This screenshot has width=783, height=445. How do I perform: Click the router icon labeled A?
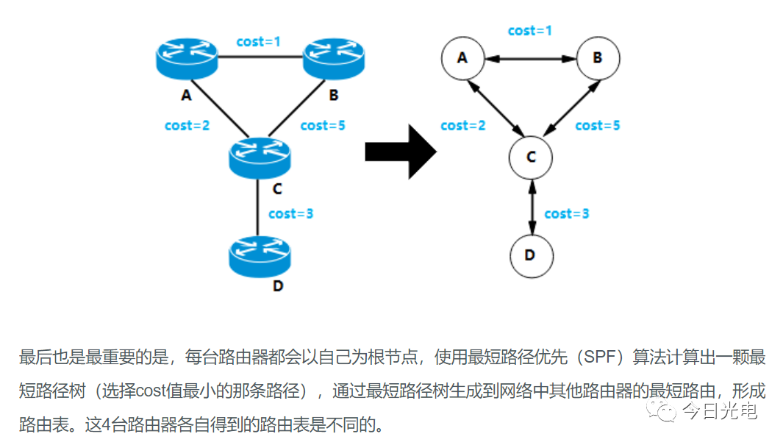pos(187,58)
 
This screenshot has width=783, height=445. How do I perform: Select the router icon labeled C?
pos(260,156)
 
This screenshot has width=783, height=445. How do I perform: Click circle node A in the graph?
pos(462,57)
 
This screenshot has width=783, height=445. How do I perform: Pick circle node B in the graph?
pos(598,57)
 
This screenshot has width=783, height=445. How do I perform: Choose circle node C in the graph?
pos(531,157)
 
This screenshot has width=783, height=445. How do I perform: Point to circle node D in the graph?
pos(531,255)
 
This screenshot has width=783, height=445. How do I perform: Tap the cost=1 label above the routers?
pos(259,42)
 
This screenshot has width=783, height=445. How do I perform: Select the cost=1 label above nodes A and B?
pos(530,31)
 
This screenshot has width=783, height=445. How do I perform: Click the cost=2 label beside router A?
pos(187,125)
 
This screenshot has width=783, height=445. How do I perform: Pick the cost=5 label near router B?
pos(323,125)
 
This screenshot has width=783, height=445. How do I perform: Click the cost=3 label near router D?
pos(291,214)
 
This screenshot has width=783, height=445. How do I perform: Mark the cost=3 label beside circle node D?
pos(567,214)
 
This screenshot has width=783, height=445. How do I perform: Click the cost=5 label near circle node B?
pos(598,126)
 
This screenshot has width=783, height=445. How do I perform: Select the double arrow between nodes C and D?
pos(531,206)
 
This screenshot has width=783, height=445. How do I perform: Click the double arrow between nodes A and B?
pos(530,57)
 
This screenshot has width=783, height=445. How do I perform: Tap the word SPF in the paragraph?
pos(593,358)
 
